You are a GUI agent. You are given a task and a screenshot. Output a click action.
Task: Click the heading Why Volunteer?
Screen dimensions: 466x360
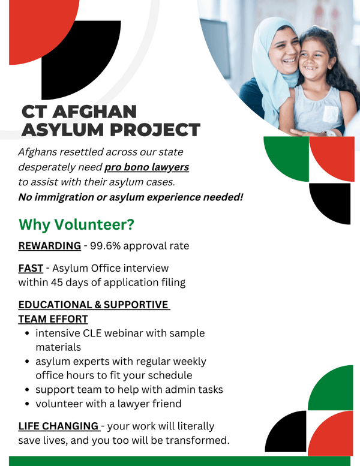click(76, 224)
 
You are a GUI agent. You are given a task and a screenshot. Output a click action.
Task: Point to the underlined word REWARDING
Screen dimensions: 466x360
click(49, 246)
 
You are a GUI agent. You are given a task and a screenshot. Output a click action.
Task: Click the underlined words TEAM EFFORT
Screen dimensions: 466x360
click(53, 319)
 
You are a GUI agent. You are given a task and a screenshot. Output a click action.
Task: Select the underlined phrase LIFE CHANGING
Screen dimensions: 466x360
click(58, 426)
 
